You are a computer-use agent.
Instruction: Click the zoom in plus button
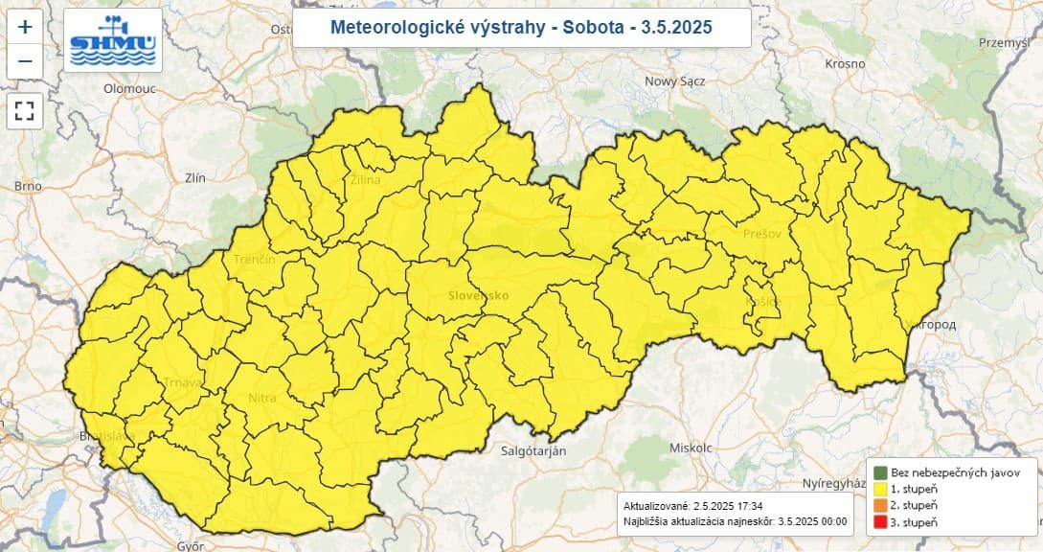click(x=25, y=26)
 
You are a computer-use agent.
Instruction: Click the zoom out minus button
click(x=25, y=61)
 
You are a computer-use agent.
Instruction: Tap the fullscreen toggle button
click(x=25, y=111)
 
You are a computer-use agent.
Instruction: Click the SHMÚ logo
click(x=113, y=40)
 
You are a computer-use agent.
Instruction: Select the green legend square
click(x=878, y=471)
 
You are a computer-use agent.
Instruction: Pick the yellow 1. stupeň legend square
click(x=878, y=488)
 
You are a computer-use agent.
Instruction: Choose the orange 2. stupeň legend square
click(x=878, y=505)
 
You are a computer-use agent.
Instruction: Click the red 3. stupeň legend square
click(x=878, y=521)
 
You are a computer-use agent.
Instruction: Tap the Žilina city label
click(x=365, y=179)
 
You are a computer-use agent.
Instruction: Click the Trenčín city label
click(x=255, y=260)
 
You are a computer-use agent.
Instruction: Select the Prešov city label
click(x=762, y=233)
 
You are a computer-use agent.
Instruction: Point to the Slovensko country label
click(x=478, y=295)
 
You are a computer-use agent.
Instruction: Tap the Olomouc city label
click(x=129, y=88)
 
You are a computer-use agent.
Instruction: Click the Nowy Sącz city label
click(x=674, y=81)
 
